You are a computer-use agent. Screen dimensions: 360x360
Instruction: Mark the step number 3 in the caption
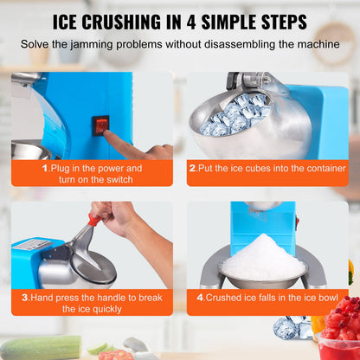[25, 297]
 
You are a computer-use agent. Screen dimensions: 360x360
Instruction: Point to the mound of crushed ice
[261, 258]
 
